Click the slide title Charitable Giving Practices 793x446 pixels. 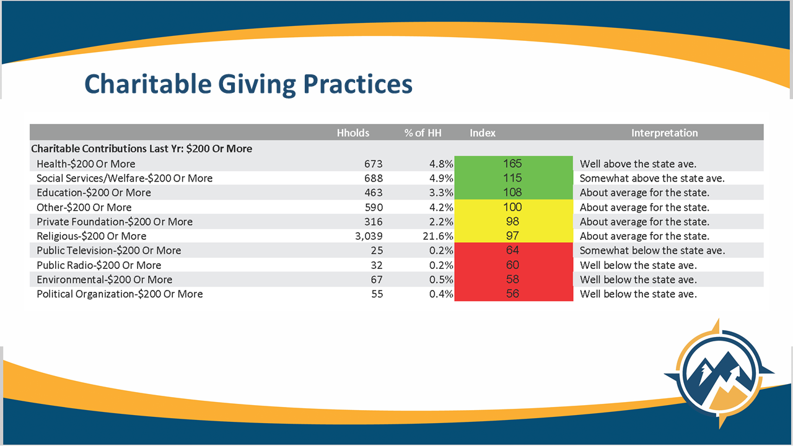tap(248, 84)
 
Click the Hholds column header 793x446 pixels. tap(353, 133)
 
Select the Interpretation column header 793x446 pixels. tap(664, 133)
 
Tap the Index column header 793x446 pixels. tap(483, 133)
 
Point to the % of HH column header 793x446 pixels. tap(423, 133)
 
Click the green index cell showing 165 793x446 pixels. tap(513, 164)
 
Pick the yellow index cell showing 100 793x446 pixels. tap(513, 207)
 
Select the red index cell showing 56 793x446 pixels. tap(513, 294)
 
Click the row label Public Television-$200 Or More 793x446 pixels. tap(109, 250)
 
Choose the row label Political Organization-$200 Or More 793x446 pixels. tap(120, 294)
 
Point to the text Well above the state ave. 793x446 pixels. tap(638, 164)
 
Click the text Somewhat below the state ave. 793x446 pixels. tap(652, 250)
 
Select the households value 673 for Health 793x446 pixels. tap(374, 164)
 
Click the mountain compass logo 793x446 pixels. tap(719, 375)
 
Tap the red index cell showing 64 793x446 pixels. tap(513, 250)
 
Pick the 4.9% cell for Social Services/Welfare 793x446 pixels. tap(442, 178)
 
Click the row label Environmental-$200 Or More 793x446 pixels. tap(104, 279)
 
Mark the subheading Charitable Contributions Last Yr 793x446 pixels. tap(141, 149)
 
